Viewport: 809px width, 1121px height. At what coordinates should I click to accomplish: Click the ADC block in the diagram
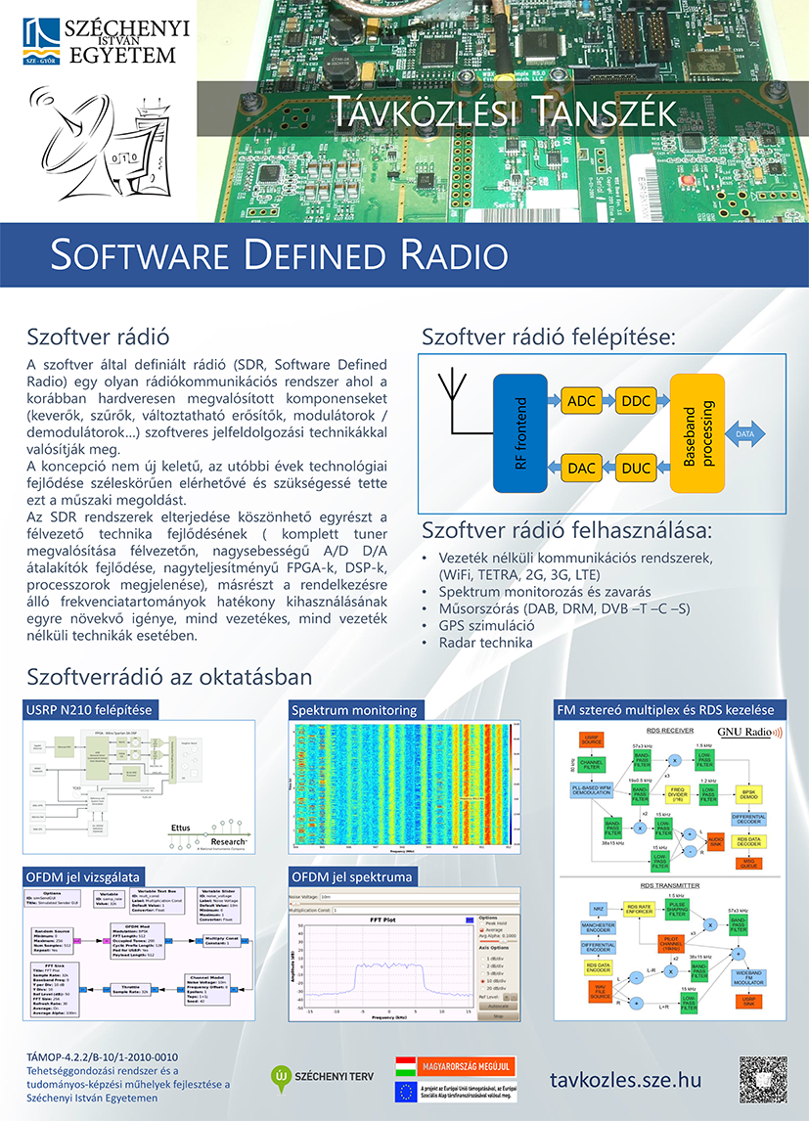[582, 402]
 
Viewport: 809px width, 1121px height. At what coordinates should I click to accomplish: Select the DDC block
[636, 402]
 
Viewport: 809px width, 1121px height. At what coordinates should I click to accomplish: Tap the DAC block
[582, 469]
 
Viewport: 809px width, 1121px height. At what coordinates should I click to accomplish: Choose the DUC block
[636, 469]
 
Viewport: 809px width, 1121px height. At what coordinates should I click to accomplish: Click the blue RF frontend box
[521, 432]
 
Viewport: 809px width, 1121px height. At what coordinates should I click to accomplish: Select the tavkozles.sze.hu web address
[626, 1079]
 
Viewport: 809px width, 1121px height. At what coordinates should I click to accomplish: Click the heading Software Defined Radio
[279, 254]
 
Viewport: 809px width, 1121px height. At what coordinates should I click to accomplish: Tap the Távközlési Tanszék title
[503, 111]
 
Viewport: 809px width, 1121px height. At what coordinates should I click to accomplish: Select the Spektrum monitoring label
[354, 710]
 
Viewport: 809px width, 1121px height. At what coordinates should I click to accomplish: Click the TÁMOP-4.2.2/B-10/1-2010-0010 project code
[103, 1056]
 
